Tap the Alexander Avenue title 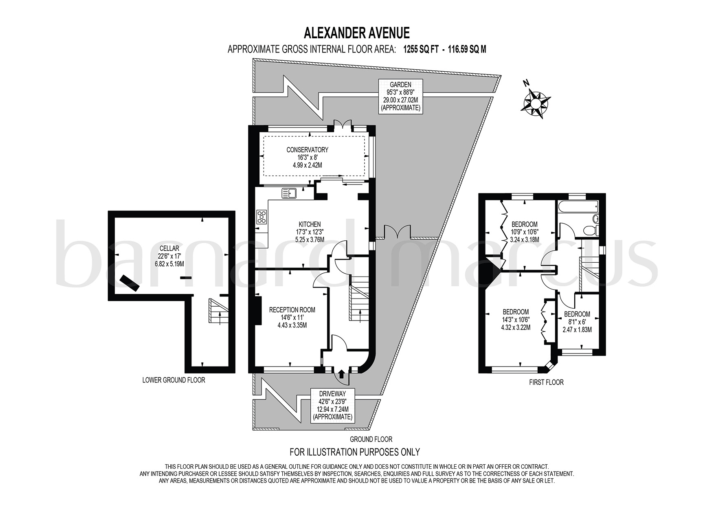tap(357, 32)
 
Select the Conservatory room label tap(307, 157)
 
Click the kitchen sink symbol tap(290, 193)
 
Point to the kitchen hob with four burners tap(261, 217)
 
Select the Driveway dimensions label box tap(332, 405)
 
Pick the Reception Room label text tap(292, 317)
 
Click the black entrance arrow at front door tap(341, 374)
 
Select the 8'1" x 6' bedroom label tap(577, 321)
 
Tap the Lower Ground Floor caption tap(174, 380)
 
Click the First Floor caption tap(547, 382)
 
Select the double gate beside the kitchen tap(393, 231)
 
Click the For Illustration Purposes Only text tap(354, 452)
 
